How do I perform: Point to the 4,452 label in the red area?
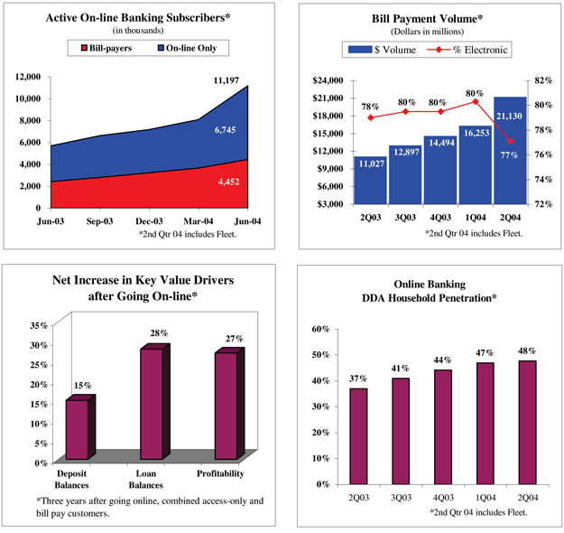click(228, 182)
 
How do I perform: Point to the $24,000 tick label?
click(327, 80)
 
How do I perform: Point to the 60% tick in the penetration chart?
click(320, 329)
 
